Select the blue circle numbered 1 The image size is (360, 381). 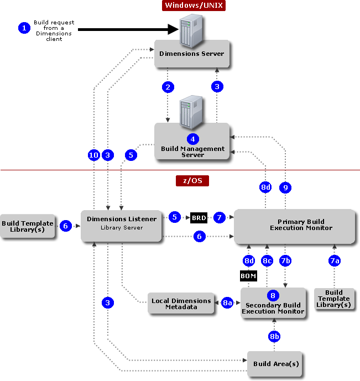[24, 28]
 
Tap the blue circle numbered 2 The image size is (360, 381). [168, 87]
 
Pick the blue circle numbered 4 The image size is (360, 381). [192, 139]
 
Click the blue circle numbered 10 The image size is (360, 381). [94, 155]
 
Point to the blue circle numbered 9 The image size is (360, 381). [285, 188]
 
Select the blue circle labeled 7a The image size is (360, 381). [334, 260]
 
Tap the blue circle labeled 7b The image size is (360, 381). [285, 260]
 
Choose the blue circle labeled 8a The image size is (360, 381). [227, 303]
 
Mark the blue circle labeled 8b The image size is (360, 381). [274, 336]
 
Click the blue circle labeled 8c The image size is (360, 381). [267, 260]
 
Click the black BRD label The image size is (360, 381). [199, 218]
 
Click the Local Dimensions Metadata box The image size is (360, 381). [181, 304]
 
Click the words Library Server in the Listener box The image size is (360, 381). [122, 228]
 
